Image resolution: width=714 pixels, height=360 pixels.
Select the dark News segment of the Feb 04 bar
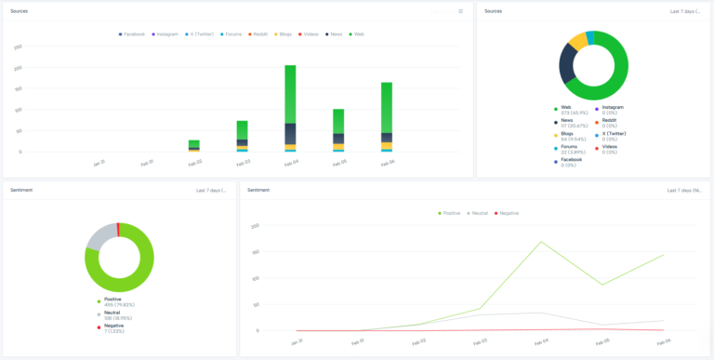[290, 133]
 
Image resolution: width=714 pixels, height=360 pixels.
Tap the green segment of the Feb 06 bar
[387, 107]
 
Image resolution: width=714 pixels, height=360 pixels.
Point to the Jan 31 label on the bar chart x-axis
[99, 163]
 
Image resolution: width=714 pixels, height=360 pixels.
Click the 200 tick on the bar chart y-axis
[19, 68]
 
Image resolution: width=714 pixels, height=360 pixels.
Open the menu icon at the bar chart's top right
[460, 11]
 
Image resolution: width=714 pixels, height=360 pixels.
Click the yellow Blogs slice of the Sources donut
[577, 41]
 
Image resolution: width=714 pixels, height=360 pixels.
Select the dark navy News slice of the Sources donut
[566, 63]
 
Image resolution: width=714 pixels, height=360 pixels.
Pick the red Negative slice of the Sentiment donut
[118, 230]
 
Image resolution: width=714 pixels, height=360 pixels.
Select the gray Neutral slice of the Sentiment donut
[97, 238]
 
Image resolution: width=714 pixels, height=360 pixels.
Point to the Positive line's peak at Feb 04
[541, 242]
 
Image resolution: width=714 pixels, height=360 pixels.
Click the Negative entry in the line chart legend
[508, 213]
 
